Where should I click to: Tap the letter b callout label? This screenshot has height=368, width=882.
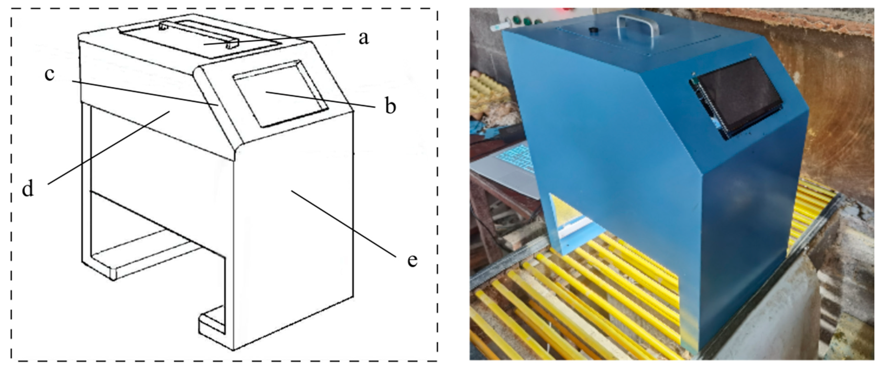click(390, 106)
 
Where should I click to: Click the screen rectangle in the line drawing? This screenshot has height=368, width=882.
click(281, 94)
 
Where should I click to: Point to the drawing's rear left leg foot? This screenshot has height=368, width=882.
click(103, 269)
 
